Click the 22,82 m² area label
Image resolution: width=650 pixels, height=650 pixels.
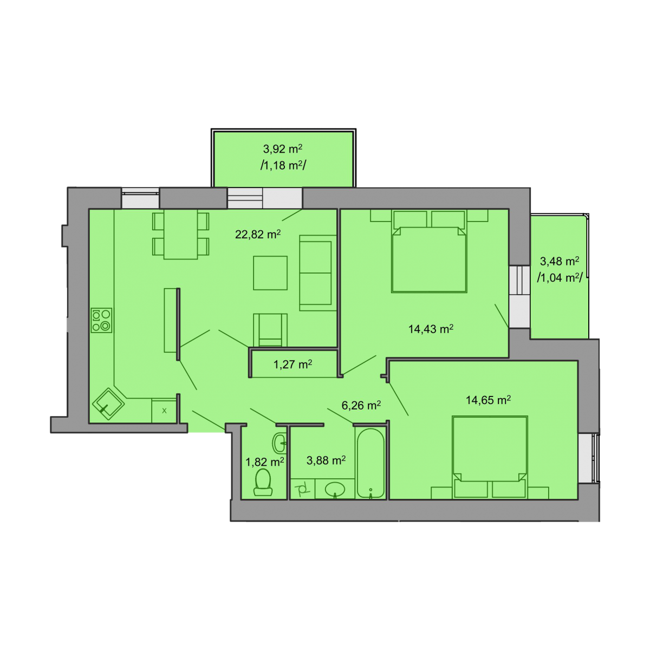coord(258,234)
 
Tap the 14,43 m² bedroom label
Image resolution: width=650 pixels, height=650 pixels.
coord(431,329)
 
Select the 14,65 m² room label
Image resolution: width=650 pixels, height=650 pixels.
coord(488,400)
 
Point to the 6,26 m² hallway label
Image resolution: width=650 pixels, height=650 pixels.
coord(361,405)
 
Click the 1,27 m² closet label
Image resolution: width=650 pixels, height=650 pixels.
coord(292,365)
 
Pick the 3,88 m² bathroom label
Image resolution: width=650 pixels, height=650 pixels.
coord(326,460)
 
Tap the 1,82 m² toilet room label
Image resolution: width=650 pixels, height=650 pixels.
coord(264,462)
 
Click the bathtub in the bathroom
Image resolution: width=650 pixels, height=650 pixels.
coord(370,463)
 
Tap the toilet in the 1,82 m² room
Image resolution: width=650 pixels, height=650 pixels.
coord(263,482)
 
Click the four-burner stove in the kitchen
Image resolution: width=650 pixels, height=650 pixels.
coord(101,320)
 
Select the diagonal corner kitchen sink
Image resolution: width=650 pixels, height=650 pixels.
coord(108,404)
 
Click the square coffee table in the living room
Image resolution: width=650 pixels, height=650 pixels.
coord(270,273)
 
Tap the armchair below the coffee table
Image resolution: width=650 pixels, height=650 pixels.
coord(270,330)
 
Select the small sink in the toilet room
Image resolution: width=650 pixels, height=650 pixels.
coord(279,443)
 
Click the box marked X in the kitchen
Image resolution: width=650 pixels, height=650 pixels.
coord(164,411)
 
